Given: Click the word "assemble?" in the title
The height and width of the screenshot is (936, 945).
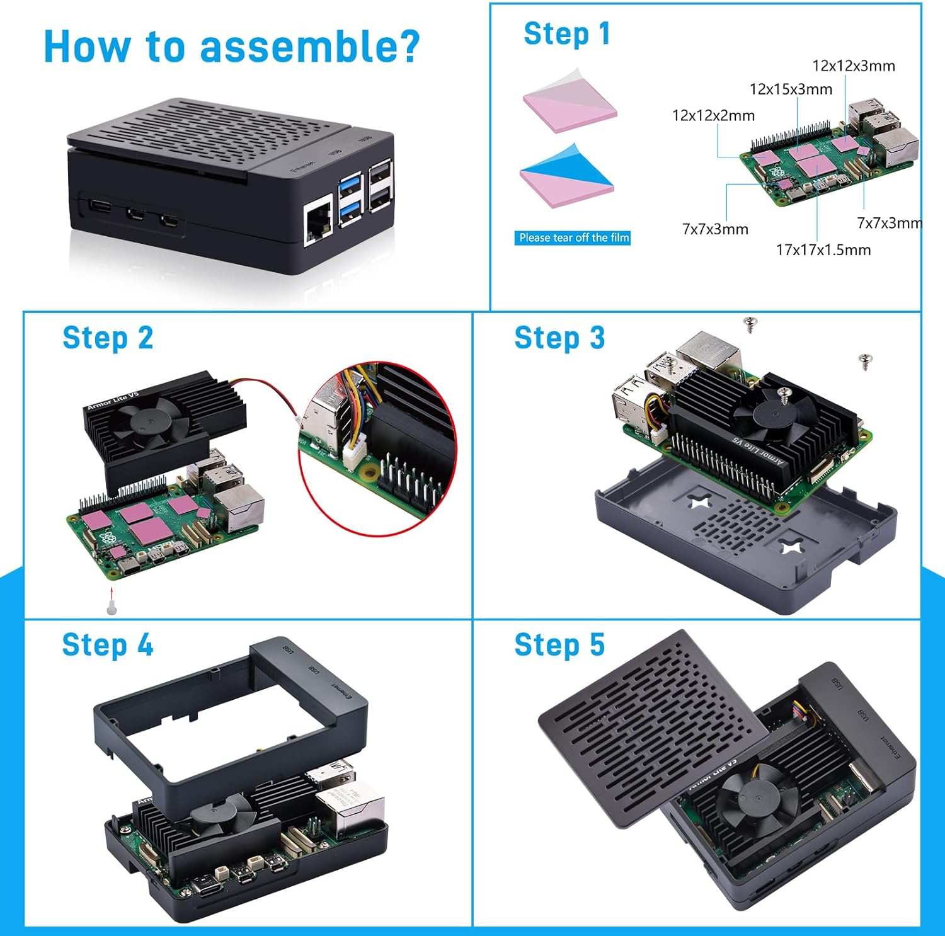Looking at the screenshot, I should [x=309, y=47].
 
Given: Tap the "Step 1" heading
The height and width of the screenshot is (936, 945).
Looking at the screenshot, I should [x=567, y=34].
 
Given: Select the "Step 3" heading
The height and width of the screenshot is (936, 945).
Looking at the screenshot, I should [x=559, y=338].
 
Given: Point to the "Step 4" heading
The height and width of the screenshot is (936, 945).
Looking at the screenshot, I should [x=107, y=645].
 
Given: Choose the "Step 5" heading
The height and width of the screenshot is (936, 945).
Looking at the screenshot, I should [x=559, y=645].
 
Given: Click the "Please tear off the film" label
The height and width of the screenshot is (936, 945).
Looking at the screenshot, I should [x=573, y=238].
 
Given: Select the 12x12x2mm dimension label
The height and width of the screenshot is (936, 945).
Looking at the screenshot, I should [x=713, y=116].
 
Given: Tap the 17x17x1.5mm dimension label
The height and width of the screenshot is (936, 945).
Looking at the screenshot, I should [x=823, y=250].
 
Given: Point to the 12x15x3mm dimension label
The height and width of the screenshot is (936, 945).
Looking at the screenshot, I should [x=791, y=89].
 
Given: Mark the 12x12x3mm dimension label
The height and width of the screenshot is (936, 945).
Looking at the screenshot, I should [x=853, y=66].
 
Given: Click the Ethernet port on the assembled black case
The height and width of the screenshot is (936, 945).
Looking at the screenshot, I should [x=318, y=221].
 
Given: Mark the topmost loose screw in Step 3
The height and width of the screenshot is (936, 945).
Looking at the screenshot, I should [x=750, y=324].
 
